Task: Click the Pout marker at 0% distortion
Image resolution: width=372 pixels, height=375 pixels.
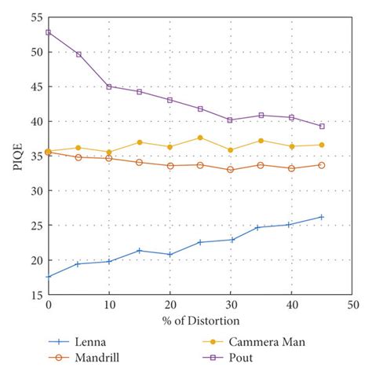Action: (x=49, y=32)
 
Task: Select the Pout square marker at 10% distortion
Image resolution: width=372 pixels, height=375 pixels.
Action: (x=109, y=86)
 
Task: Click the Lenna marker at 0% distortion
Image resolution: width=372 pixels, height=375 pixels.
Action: (x=49, y=276)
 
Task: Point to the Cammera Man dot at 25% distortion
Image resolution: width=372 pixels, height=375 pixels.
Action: (x=200, y=138)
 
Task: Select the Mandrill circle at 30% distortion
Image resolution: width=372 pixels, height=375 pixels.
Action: (x=231, y=169)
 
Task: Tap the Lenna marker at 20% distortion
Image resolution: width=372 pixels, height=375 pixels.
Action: (x=170, y=255)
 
